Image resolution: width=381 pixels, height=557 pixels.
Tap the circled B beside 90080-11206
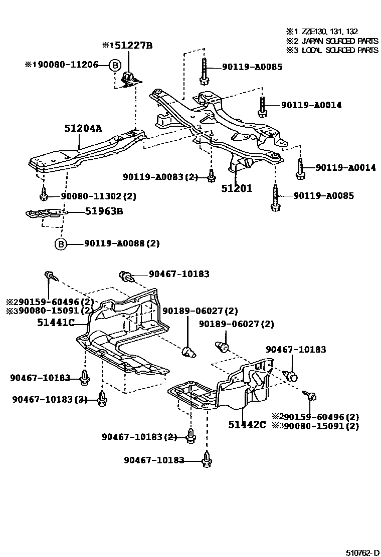coord(115,65)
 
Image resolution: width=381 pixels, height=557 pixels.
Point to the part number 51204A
coord(83,129)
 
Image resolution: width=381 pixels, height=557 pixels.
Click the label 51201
coord(237,188)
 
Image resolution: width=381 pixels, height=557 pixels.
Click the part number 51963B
coord(104,211)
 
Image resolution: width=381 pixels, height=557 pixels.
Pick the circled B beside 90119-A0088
coord(60,244)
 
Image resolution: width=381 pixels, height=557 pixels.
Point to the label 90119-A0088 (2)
coord(122,244)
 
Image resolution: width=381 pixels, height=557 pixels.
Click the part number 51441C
coord(56,323)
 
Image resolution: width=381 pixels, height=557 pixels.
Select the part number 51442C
coord(247,425)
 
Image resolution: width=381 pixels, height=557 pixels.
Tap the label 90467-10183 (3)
coord(50,399)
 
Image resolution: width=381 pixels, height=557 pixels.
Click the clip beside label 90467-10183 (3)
coord(102,398)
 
